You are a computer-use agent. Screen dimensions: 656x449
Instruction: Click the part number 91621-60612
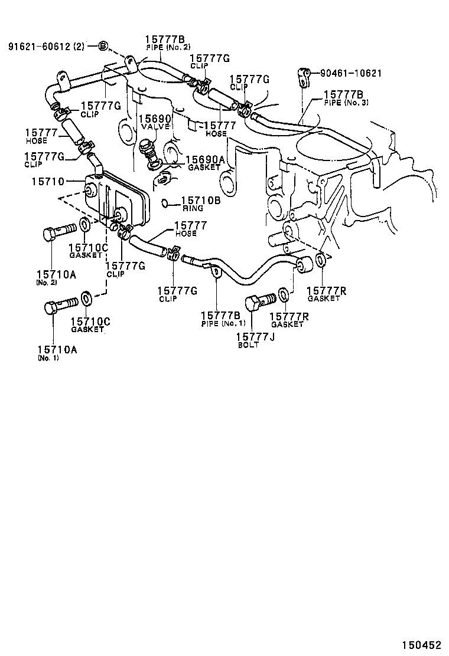coord(40,46)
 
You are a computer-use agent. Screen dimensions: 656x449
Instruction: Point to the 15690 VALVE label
coord(155,122)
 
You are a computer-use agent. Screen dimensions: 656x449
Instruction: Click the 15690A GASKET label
coord(204,163)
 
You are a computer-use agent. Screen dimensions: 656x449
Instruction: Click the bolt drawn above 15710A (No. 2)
coord(60,231)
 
